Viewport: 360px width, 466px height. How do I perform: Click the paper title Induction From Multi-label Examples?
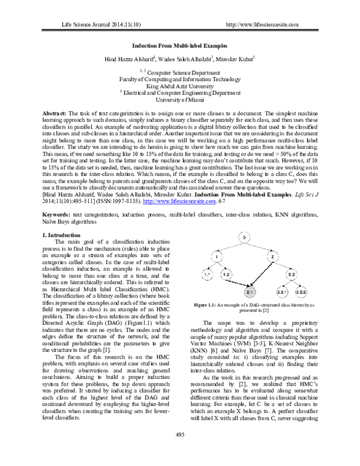click(179, 46)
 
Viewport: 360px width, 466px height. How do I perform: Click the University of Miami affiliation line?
click(180, 100)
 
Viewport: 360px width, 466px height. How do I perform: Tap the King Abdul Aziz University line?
click(180, 86)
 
